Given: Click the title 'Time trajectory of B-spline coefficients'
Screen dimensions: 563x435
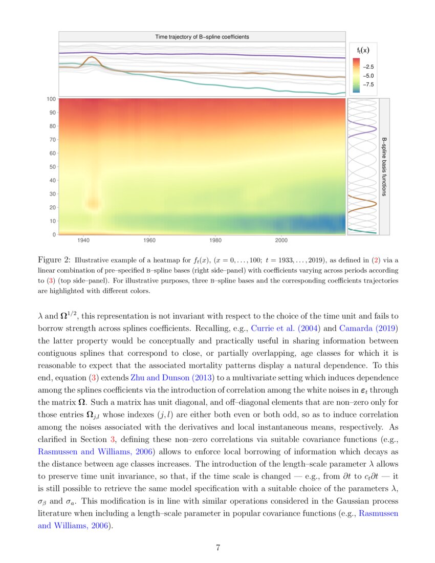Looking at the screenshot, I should click(x=202, y=37).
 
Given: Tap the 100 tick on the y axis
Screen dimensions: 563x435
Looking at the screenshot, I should click(x=52, y=99).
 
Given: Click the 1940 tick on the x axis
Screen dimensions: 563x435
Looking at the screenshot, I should click(x=83, y=240).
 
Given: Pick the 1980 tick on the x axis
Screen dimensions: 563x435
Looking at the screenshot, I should click(x=215, y=240).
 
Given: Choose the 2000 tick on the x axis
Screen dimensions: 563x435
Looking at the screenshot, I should click(x=281, y=240).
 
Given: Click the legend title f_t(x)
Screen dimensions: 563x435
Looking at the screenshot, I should click(x=363, y=50).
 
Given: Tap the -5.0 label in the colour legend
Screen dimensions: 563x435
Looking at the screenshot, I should click(x=368, y=75).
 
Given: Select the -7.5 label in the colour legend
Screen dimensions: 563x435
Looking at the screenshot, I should click(x=368, y=84).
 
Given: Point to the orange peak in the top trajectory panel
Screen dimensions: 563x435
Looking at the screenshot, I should click(x=92, y=57).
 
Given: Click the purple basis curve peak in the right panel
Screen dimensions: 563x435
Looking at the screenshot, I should click(x=376, y=128).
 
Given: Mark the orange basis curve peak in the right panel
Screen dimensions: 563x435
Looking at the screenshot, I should click(x=376, y=204).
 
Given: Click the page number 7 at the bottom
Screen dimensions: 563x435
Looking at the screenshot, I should click(x=218, y=548).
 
